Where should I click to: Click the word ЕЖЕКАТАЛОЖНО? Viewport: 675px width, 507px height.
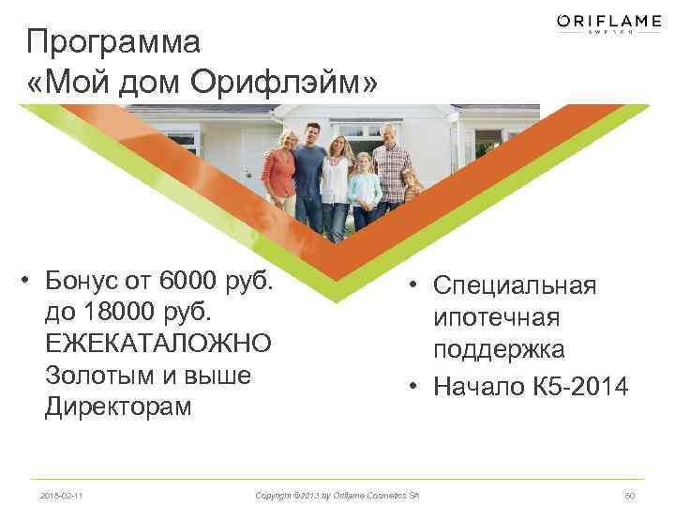point(158,344)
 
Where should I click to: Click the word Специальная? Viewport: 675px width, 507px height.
point(515,285)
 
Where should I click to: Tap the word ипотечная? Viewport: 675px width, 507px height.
point(496,317)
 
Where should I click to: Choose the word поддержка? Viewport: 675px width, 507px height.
point(499,350)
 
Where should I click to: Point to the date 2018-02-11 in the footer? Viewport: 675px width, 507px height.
point(61,494)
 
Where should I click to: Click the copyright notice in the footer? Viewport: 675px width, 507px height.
point(337,494)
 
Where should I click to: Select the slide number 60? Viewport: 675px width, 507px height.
point(629,494)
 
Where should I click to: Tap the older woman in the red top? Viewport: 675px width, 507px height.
point(279,174)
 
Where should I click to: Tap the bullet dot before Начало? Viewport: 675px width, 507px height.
point(412,385)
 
